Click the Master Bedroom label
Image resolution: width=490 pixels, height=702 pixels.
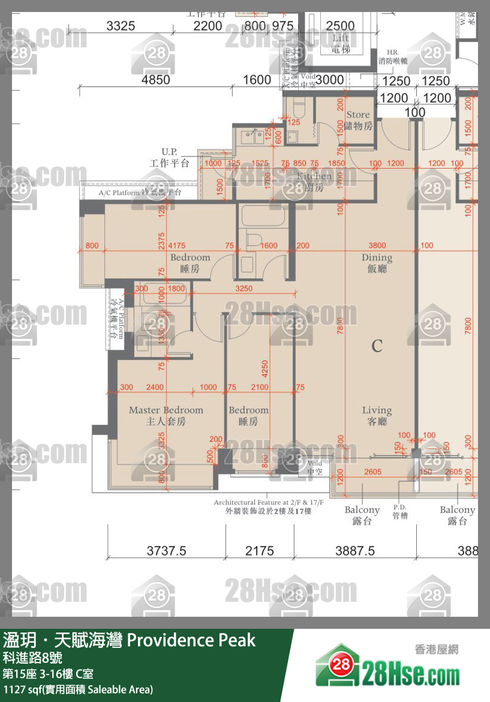pyautogui.click(x=166, y=415)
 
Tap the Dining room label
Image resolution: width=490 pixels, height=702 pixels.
pyautogui.click(x=377, y=263)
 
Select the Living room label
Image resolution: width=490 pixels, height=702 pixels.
pyautogui.click(x=377, y=416)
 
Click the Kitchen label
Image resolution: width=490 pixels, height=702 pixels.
pyautogui.click(x=314, y=181)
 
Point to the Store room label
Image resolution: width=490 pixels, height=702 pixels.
pyautogui.click(x=359, y=120)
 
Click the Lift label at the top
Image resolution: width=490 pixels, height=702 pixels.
pyautogui.click(x=341, y=43)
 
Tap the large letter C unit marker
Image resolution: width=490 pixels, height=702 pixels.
pyautogui.click(x=377, y=346)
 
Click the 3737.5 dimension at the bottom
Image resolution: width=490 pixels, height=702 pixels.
pyautogui.click(x=167, y=550)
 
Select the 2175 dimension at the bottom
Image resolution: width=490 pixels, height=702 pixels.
pyautogui.click(x=260, y=550)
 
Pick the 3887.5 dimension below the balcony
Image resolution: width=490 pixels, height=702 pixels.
pyautogui.click(x=355, y=550)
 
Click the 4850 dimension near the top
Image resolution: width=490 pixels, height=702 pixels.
pyautogui.click(x=155, y=79)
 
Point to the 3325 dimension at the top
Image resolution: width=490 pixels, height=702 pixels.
pyautogui.click(x=121, y=26)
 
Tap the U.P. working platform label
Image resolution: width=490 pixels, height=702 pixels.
pyautogui.click(x=169, y=158)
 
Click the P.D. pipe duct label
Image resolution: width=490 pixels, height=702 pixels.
pyautogui.click(x=400, y=511)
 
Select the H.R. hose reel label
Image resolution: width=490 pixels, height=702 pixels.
pyautogui.click(x=393, y=56)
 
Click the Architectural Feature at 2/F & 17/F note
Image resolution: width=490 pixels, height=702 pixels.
pyautogui.click(x=269, y=506)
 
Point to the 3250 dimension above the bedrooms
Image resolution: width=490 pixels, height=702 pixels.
pyautogui.click(x=244, y=288)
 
